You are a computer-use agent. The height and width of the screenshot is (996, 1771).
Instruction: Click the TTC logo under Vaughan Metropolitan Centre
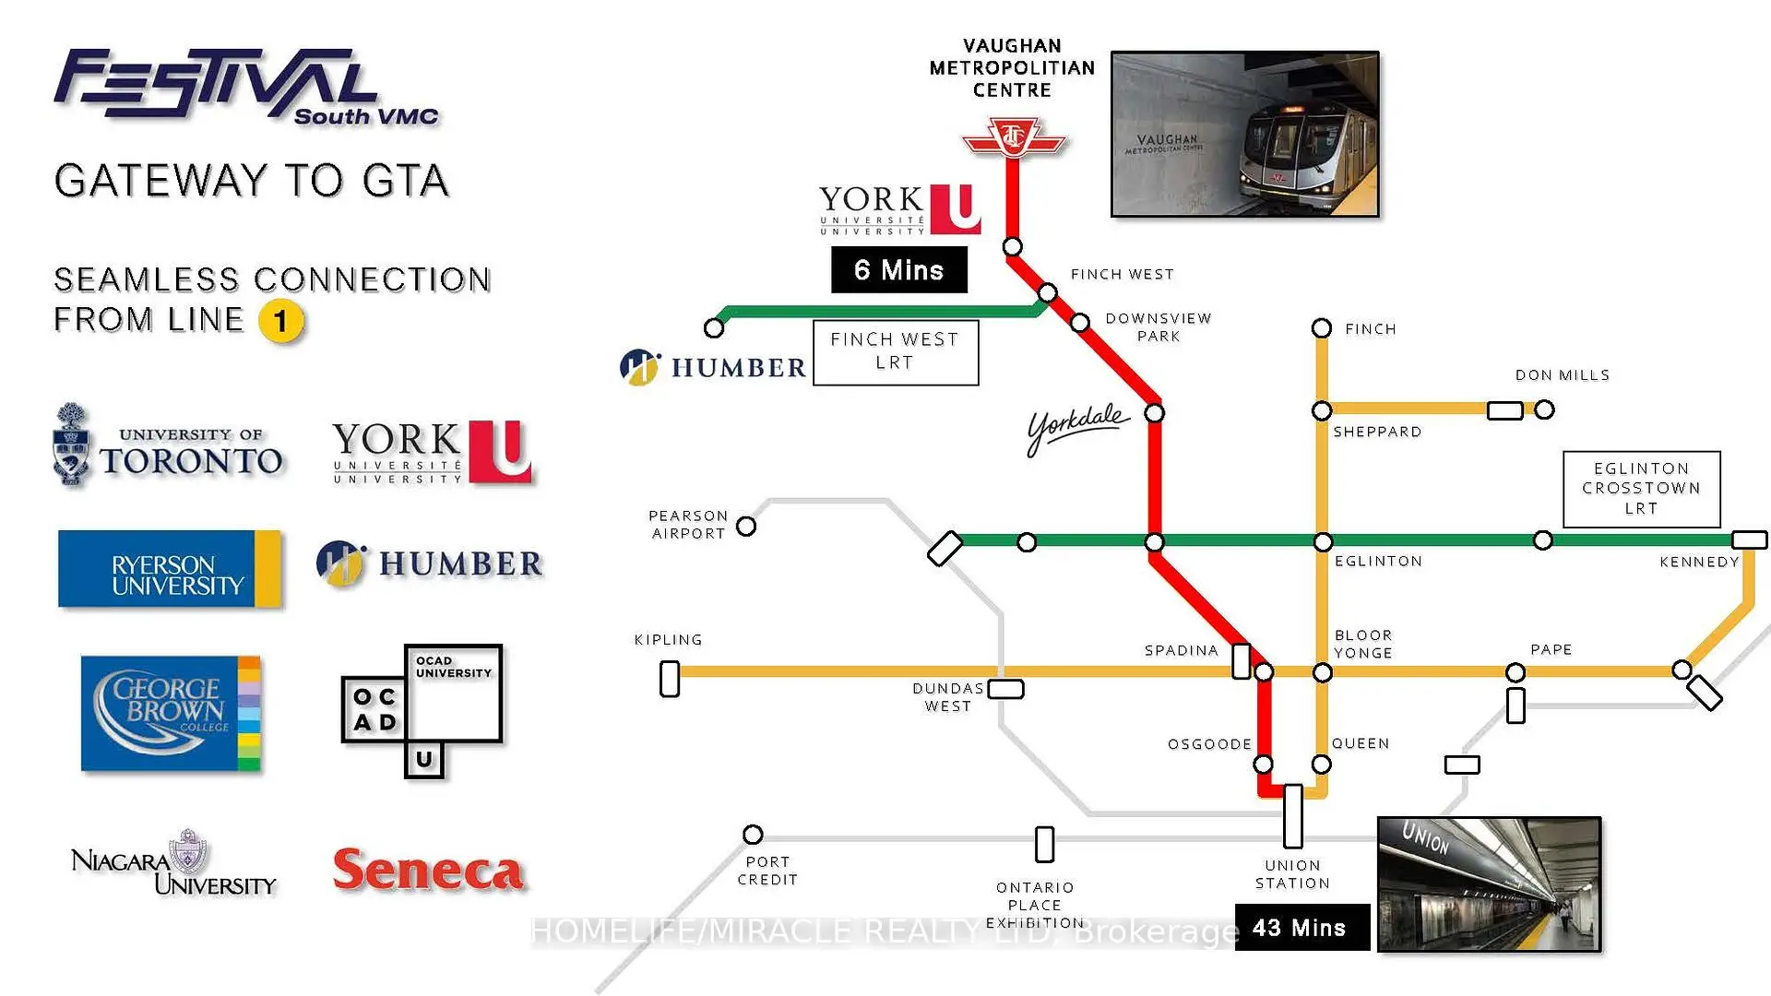click(1013, 138)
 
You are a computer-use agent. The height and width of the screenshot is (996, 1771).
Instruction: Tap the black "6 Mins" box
click(899, 270)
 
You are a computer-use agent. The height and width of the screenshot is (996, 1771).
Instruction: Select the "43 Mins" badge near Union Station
click(1301, 928)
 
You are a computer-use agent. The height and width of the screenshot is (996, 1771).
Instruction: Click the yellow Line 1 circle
click(281, 321)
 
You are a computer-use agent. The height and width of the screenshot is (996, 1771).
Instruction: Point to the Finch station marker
click(1322, 328)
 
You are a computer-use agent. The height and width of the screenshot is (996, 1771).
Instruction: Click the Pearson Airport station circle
click(746, 526)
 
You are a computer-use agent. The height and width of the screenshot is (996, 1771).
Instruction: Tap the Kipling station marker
click(670, 679)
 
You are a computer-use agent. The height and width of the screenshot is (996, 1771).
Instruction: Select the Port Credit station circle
click(753, 835)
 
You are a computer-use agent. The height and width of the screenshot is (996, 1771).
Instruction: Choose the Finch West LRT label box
click(895, 351)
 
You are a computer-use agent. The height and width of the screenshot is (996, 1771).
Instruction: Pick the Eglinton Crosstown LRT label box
click(1641, 489)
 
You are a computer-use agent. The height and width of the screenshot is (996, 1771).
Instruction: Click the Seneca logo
click(428, 870)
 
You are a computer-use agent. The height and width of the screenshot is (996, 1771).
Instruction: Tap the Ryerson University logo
click(170, 569)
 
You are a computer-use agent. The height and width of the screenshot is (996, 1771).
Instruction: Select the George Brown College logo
click(171, 713)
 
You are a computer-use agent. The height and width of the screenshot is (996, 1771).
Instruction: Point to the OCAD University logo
click(422, 710)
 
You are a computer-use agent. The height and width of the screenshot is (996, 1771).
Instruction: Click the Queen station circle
click(1322, 764)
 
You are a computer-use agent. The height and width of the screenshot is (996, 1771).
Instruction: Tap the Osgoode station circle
click(1264, 764)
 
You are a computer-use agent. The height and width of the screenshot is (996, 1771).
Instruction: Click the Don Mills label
click(1563, 375)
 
